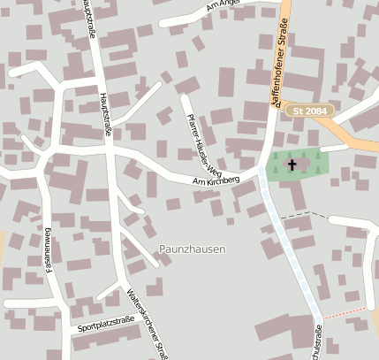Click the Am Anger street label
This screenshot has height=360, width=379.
click(x=223, y=7)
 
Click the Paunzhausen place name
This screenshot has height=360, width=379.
click(x=192, y=249)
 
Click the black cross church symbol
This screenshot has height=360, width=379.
click(x=292, y=165)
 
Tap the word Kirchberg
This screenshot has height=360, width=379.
click(x=224, y=180)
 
